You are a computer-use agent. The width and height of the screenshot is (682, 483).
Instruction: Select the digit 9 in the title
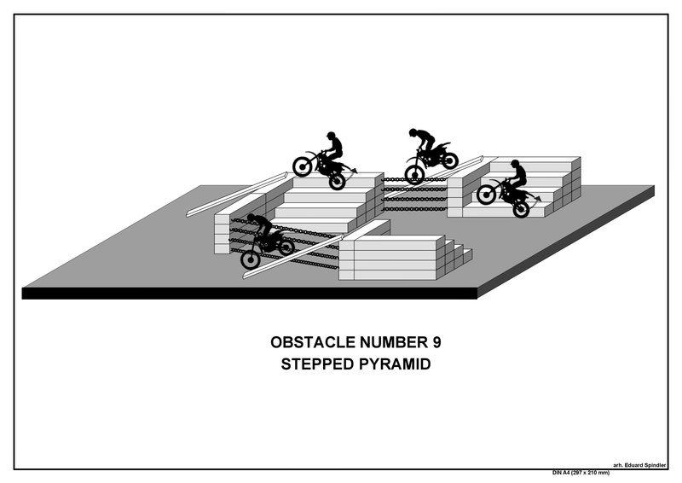click(x=436, y=342)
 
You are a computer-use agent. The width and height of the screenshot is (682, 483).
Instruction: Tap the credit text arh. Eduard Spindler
click(x=639, y=465)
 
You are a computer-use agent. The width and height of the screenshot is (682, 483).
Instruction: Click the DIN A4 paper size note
click(x=581, y=473)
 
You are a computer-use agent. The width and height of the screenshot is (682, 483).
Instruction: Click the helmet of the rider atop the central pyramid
click(x=331, y=135)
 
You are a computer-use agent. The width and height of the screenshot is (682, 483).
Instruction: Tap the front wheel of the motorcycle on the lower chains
click(x=251, y=259)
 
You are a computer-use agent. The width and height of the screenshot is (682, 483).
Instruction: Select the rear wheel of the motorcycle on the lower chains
click(x=286, y=247)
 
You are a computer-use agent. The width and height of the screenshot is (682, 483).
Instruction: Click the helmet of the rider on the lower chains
click(x=251, y=218)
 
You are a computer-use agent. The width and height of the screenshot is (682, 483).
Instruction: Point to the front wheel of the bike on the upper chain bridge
click(x=414, y=174)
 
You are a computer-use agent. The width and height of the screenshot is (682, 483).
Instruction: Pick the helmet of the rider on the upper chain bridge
click(x=413, y=132)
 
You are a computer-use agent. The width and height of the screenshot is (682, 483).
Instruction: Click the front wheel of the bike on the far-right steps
click(x=486, y=195)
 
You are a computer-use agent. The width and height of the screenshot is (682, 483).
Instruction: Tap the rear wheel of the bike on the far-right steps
click(x=521, y=209)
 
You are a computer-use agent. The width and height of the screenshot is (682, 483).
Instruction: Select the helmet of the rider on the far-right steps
click(x=515, y=163)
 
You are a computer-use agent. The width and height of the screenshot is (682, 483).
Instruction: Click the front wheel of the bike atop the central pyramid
click(x=303, y=166)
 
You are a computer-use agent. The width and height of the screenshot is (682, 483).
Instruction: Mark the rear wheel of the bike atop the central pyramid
click(x=337, y=181)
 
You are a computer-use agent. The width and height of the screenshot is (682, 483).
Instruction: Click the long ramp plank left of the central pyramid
click(x=237, y=195)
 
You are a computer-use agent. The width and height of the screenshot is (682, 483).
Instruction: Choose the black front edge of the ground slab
click(x=250, y=293)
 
